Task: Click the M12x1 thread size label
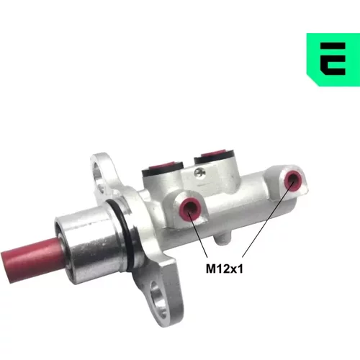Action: click(x=225, y=269)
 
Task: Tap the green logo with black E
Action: click(x=333, y=60)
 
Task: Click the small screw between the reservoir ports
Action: click(x=199, y=172)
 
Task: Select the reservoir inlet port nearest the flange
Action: click(x=163, y=168)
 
